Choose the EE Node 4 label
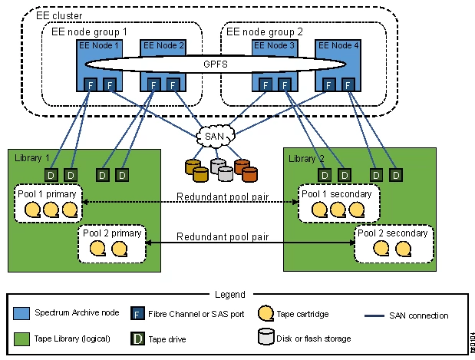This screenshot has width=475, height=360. point(338,45)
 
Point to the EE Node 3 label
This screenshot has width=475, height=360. point(275,45)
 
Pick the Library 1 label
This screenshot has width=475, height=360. point(31,157)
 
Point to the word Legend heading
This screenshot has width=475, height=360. point(229,295)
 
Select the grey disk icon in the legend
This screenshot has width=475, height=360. point(265,337)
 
